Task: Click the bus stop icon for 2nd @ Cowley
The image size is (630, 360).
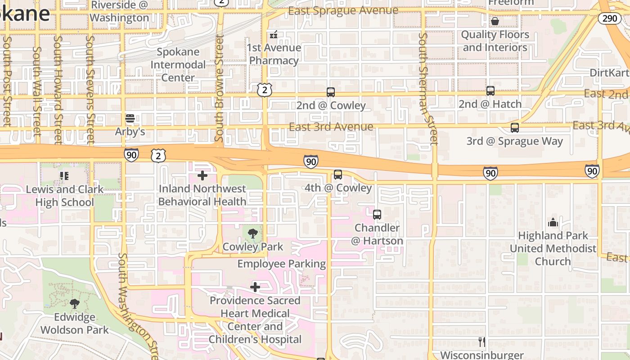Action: pyautogui.click(x=331, y=92)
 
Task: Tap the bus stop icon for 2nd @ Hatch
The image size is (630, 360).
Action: pyautogui.click(x=490, y=91)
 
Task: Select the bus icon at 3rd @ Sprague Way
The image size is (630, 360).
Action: pyautogui.click(x=515, y=128)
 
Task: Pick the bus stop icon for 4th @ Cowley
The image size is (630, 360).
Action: pyautogui.click(x=338, y=175)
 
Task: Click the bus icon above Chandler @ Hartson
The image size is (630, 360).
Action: pyautogui.click(x=377, y=215)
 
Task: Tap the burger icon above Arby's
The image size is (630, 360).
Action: pyautogui.click(x=130, y=118)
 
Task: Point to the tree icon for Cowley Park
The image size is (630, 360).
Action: pyautogui.click(x=253, y=233)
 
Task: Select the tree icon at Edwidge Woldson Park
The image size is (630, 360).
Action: pyautogui.click(x=75, y=304)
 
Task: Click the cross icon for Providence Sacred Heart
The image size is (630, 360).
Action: pyautogui.click(x=255, y=287)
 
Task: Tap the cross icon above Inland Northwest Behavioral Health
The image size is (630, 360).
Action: pyautogui.click(x=202, y=175)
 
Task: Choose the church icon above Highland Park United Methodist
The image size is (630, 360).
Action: pyautogui.click(x=553, y=222)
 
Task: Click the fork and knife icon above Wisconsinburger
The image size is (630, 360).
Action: pyautogui.click(x=482, y=342)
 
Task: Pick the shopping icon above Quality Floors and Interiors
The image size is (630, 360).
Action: pyautogui.click(x=495, y=21)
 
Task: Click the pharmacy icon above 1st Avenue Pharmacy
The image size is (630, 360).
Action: pyautogui.click(x=274, y=35)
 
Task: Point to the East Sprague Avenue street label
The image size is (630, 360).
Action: pyautogui.click(x=343, y=10)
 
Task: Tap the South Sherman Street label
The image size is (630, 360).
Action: pyautogui.click(x=427, y=89)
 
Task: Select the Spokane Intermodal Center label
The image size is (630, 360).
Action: pyautogui.click(x=178, y=64)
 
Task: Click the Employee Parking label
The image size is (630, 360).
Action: pyautogui.click(x=282, y=264)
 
